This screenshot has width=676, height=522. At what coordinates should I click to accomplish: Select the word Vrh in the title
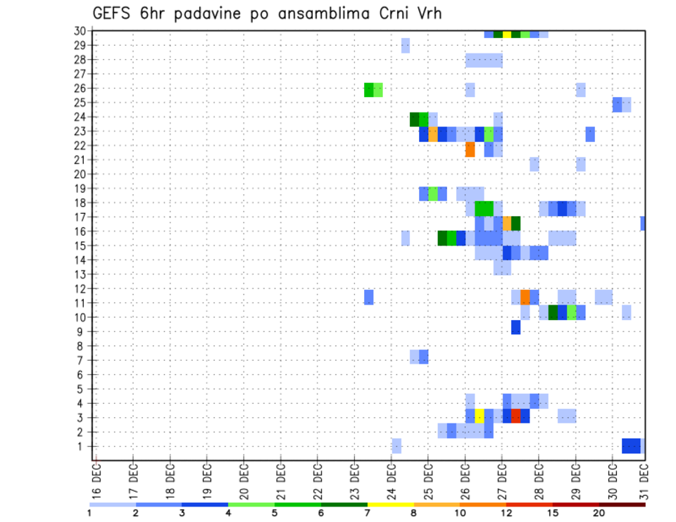427,13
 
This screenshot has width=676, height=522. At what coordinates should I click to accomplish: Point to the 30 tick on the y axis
80,31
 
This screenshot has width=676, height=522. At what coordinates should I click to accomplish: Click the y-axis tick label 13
80,274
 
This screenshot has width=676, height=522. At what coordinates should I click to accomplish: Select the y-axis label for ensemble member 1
82,446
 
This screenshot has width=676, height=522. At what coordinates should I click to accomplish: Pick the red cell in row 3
516,416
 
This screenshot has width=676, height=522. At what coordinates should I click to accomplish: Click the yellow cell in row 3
480,416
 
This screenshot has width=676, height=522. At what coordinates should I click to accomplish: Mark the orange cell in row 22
470,149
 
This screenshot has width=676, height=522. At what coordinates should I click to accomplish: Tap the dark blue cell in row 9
516,327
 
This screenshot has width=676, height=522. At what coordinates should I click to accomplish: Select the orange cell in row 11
525,297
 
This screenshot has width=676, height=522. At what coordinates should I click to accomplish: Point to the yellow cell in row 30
507,34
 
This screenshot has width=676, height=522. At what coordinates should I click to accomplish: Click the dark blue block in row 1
631,446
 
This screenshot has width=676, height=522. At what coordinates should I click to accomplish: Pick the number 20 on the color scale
599,513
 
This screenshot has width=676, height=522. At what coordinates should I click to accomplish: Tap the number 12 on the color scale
506,513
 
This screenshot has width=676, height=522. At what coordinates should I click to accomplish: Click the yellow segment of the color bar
391,504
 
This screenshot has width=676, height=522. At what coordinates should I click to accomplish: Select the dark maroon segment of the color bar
622,504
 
